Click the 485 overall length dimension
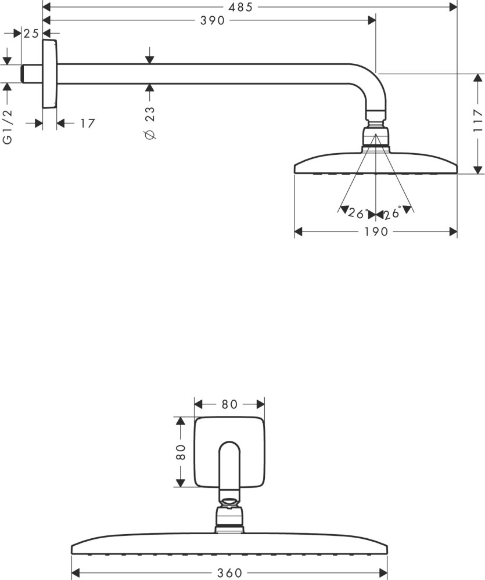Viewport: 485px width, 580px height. pos(240,7)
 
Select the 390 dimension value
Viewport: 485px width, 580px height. pos(213,20)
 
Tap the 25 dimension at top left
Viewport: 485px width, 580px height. pos(31,34)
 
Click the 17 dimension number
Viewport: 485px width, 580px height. pos(88,123)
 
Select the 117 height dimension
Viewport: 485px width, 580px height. pos(479,121)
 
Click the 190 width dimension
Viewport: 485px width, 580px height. pos(376,232)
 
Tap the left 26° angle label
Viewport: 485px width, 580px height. pos(358,213)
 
